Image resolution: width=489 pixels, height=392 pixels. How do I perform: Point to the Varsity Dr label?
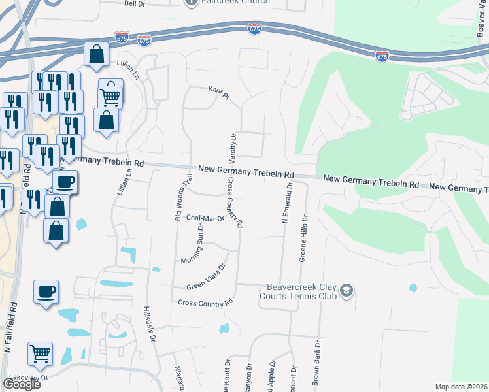click(233, 148)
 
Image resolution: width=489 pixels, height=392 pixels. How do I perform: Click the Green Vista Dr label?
click(207, 276)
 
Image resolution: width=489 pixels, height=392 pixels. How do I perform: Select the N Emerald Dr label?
click(286, 204)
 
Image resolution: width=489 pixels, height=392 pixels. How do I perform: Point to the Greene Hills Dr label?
click(303, 236)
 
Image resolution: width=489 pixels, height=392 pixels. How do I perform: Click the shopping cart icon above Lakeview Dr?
click(40, 353)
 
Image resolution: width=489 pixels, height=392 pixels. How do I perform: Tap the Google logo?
click(22, 384)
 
